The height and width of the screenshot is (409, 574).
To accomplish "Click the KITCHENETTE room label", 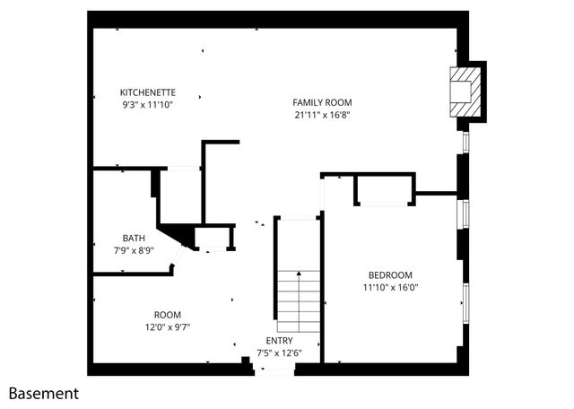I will pos(147,92).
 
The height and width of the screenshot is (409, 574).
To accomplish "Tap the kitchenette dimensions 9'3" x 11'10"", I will pos(147,105).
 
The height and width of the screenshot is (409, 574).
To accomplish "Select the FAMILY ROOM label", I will pos(322,102).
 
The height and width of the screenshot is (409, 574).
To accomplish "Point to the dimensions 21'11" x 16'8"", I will pos(322,115).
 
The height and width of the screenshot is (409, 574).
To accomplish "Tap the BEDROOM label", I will pos(390,274).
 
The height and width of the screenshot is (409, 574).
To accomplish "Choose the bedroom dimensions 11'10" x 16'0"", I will pos(390,288).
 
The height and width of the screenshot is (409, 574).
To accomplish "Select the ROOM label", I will pos(168,315).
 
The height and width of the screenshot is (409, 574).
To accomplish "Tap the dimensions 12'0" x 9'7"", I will pos(168,327).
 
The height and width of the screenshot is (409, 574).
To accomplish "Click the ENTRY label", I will pos(279,341).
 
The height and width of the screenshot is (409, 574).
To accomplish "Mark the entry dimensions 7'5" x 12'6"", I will pos(279,353).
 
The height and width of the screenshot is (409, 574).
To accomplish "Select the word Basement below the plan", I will pos(44,393).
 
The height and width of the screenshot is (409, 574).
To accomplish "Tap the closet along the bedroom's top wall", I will pos(385,190).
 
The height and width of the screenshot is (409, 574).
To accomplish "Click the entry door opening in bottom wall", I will pos(274,369).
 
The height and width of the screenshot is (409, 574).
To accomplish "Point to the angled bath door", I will pos(178,259).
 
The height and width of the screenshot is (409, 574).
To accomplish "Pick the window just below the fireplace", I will pos(465,143).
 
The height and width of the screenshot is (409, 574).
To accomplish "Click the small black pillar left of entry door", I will pos(246,362).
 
